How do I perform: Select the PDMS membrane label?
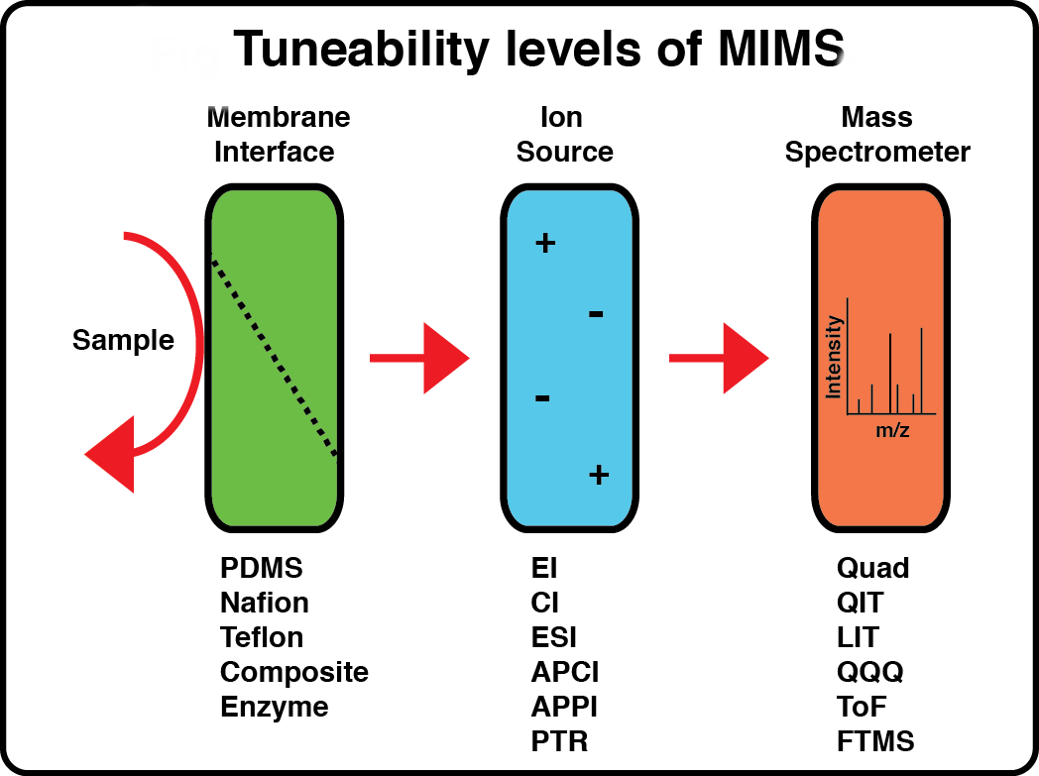point(262,568)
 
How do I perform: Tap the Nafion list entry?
point(265,603)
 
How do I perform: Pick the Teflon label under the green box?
point(262,637)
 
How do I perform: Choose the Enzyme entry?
point(274,707)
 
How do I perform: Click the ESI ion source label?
point(553,637)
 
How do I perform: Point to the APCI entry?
point(565,672)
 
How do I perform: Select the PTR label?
point(559,741)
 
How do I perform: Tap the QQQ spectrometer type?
point(870,672)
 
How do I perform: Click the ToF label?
point(862,707)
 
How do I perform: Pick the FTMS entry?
point(875,741)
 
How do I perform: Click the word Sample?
point(123,341)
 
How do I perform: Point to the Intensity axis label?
point(834,357)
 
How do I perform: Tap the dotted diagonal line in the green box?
point(275,357)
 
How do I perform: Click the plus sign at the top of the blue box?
point(544,243)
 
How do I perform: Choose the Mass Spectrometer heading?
point(877,135)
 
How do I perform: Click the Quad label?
point(872,568)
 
